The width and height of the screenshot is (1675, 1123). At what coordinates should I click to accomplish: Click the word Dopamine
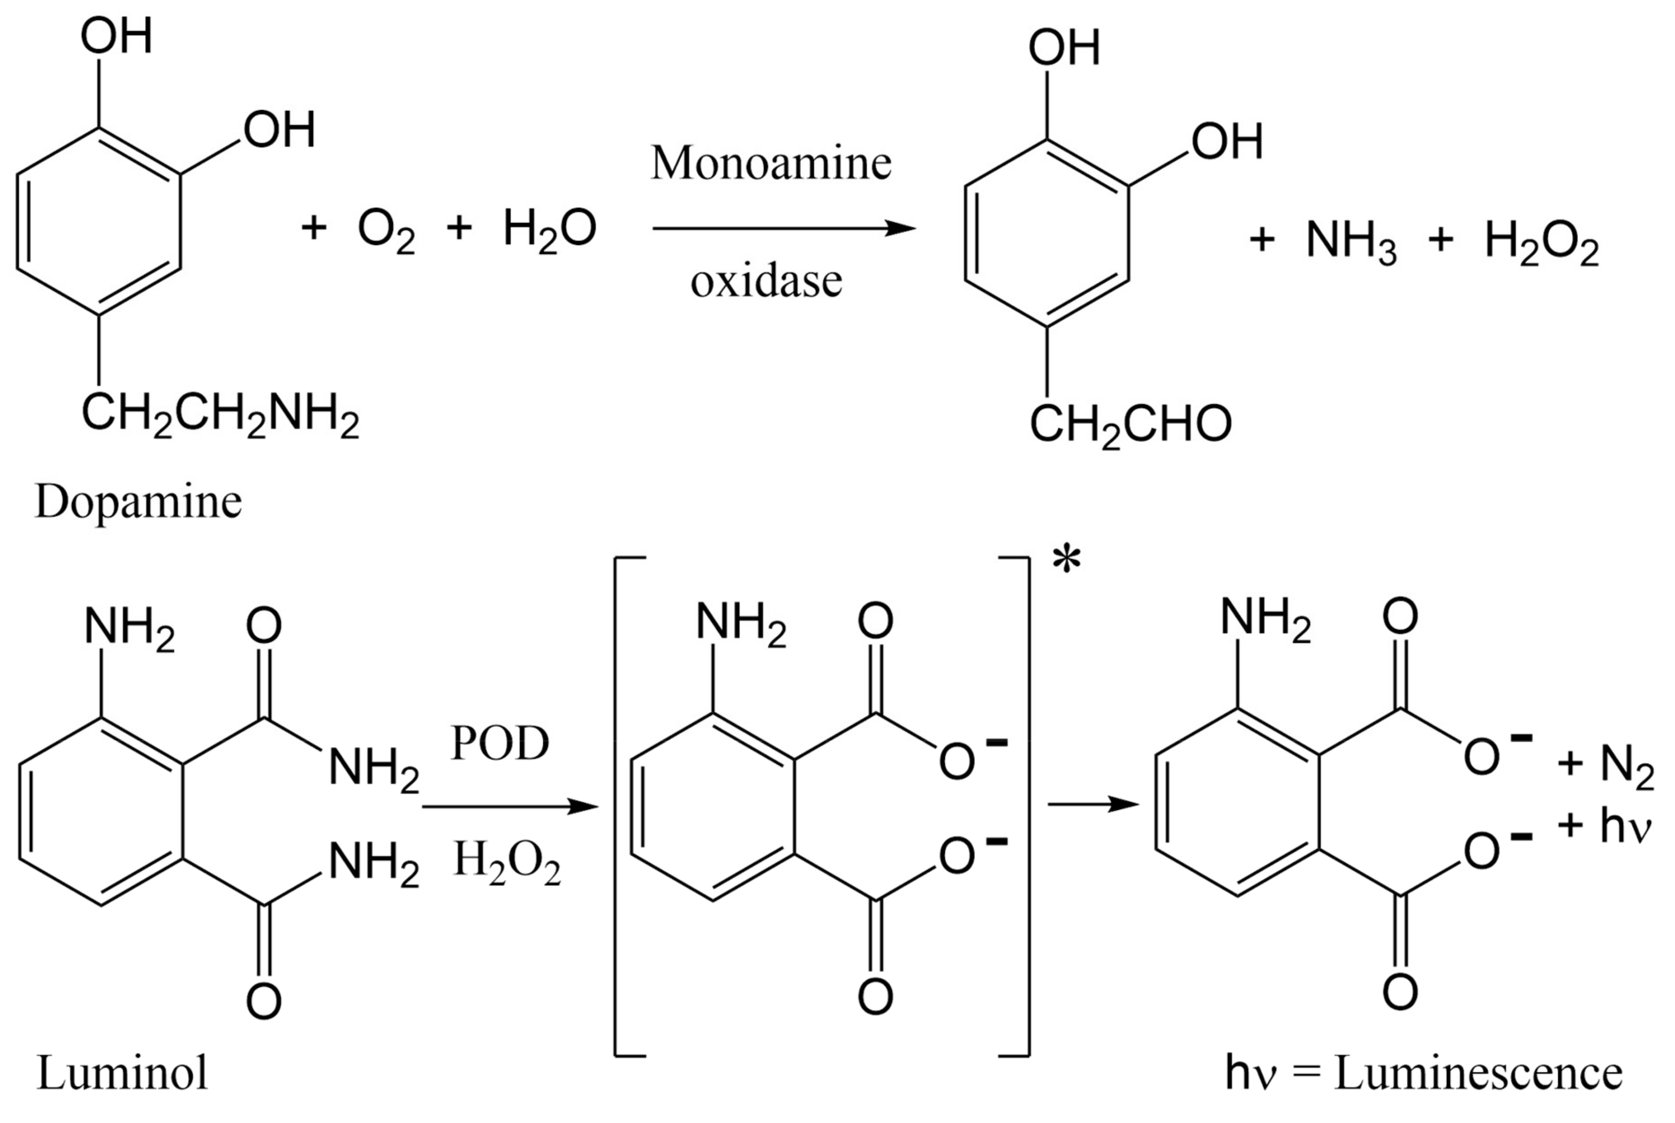point(138,503)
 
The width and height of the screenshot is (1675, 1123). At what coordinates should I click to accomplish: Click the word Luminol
point(122,1073)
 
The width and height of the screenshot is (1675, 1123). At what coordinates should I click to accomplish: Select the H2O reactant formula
point(549,229)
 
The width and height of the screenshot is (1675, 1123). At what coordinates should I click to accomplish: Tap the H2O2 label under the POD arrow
point(507,863)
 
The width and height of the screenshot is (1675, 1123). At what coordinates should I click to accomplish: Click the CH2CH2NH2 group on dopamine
point(219,415)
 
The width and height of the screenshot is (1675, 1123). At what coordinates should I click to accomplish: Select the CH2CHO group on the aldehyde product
point(1130,425)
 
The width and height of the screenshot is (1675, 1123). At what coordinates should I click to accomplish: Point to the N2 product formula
point(1626,766)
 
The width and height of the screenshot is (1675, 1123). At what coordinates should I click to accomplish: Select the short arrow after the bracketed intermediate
point(1093,805)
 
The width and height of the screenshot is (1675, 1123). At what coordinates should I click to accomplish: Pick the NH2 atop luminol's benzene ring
point(129,628)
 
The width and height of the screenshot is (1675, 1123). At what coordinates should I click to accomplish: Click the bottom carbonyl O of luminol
point(264,1001)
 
